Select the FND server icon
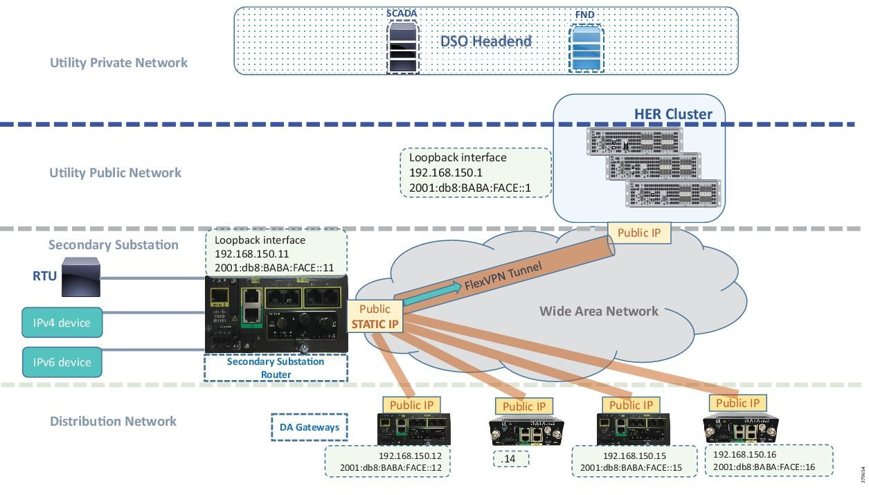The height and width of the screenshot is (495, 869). click(585, 48)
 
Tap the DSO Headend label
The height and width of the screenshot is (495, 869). click(486, 41)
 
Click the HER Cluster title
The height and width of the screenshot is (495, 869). click(673, 114)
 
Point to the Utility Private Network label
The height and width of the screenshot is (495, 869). click(118, 63)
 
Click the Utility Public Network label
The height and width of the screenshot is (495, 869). click(116, 173)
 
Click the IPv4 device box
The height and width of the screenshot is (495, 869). click(62, 323)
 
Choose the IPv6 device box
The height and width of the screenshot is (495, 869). click(62, 361)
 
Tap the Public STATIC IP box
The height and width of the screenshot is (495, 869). click(375, 316)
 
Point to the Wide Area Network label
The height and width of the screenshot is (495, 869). click(599, 311)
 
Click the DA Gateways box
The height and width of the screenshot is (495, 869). click(308, 427)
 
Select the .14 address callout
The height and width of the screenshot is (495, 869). click(510, 458)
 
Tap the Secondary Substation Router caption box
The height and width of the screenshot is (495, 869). click(276, 368)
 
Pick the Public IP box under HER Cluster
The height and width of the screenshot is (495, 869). click(639, 233)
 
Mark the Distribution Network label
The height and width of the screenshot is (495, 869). click(113, 422)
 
